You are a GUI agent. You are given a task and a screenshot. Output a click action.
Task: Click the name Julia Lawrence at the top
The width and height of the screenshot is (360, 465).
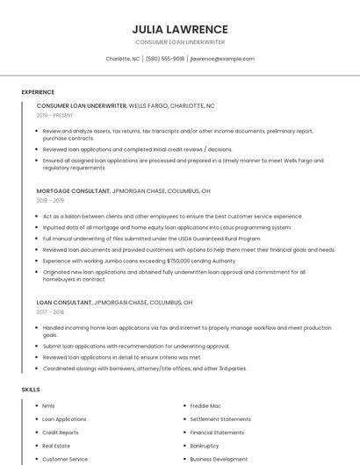click(180, 29)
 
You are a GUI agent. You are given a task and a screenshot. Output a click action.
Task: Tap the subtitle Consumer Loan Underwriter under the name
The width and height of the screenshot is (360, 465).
click(180, 42)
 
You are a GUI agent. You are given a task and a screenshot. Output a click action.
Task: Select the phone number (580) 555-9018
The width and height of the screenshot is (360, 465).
click(165, 59)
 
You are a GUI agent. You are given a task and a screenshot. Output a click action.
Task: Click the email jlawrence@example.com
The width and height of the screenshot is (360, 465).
click(222, 59)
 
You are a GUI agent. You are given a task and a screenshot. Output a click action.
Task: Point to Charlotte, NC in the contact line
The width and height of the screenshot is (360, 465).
click(123, 59)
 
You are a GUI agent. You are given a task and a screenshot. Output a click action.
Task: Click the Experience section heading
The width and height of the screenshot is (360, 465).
click(38, 92)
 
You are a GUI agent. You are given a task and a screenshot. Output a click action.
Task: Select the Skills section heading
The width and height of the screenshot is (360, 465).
click(31, 389)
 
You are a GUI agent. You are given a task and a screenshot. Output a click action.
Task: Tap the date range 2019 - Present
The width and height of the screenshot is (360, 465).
click(55, 115)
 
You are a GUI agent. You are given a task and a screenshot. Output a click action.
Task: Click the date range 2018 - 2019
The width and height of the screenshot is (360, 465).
click(50, 200)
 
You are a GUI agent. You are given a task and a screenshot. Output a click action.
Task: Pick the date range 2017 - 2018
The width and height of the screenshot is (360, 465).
click(50, 311)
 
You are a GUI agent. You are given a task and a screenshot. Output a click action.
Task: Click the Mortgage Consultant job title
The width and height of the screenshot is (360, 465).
click(74, 190)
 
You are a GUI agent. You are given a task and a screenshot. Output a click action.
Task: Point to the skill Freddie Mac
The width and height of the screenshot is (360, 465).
click(205, 406)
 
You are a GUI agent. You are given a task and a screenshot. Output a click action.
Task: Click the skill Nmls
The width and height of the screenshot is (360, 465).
click(48, 406)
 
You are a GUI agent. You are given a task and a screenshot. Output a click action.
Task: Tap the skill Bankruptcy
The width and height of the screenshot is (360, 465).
click(205, 446)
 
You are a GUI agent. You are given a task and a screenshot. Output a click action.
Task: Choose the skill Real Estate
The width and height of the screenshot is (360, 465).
click(56, 446)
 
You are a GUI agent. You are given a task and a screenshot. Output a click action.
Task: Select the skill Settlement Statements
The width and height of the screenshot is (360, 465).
click(220, 419)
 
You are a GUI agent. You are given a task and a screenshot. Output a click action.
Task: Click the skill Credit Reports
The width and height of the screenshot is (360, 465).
click(61, 433)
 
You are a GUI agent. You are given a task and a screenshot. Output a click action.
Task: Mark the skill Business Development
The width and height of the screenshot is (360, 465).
click(219, 459)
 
